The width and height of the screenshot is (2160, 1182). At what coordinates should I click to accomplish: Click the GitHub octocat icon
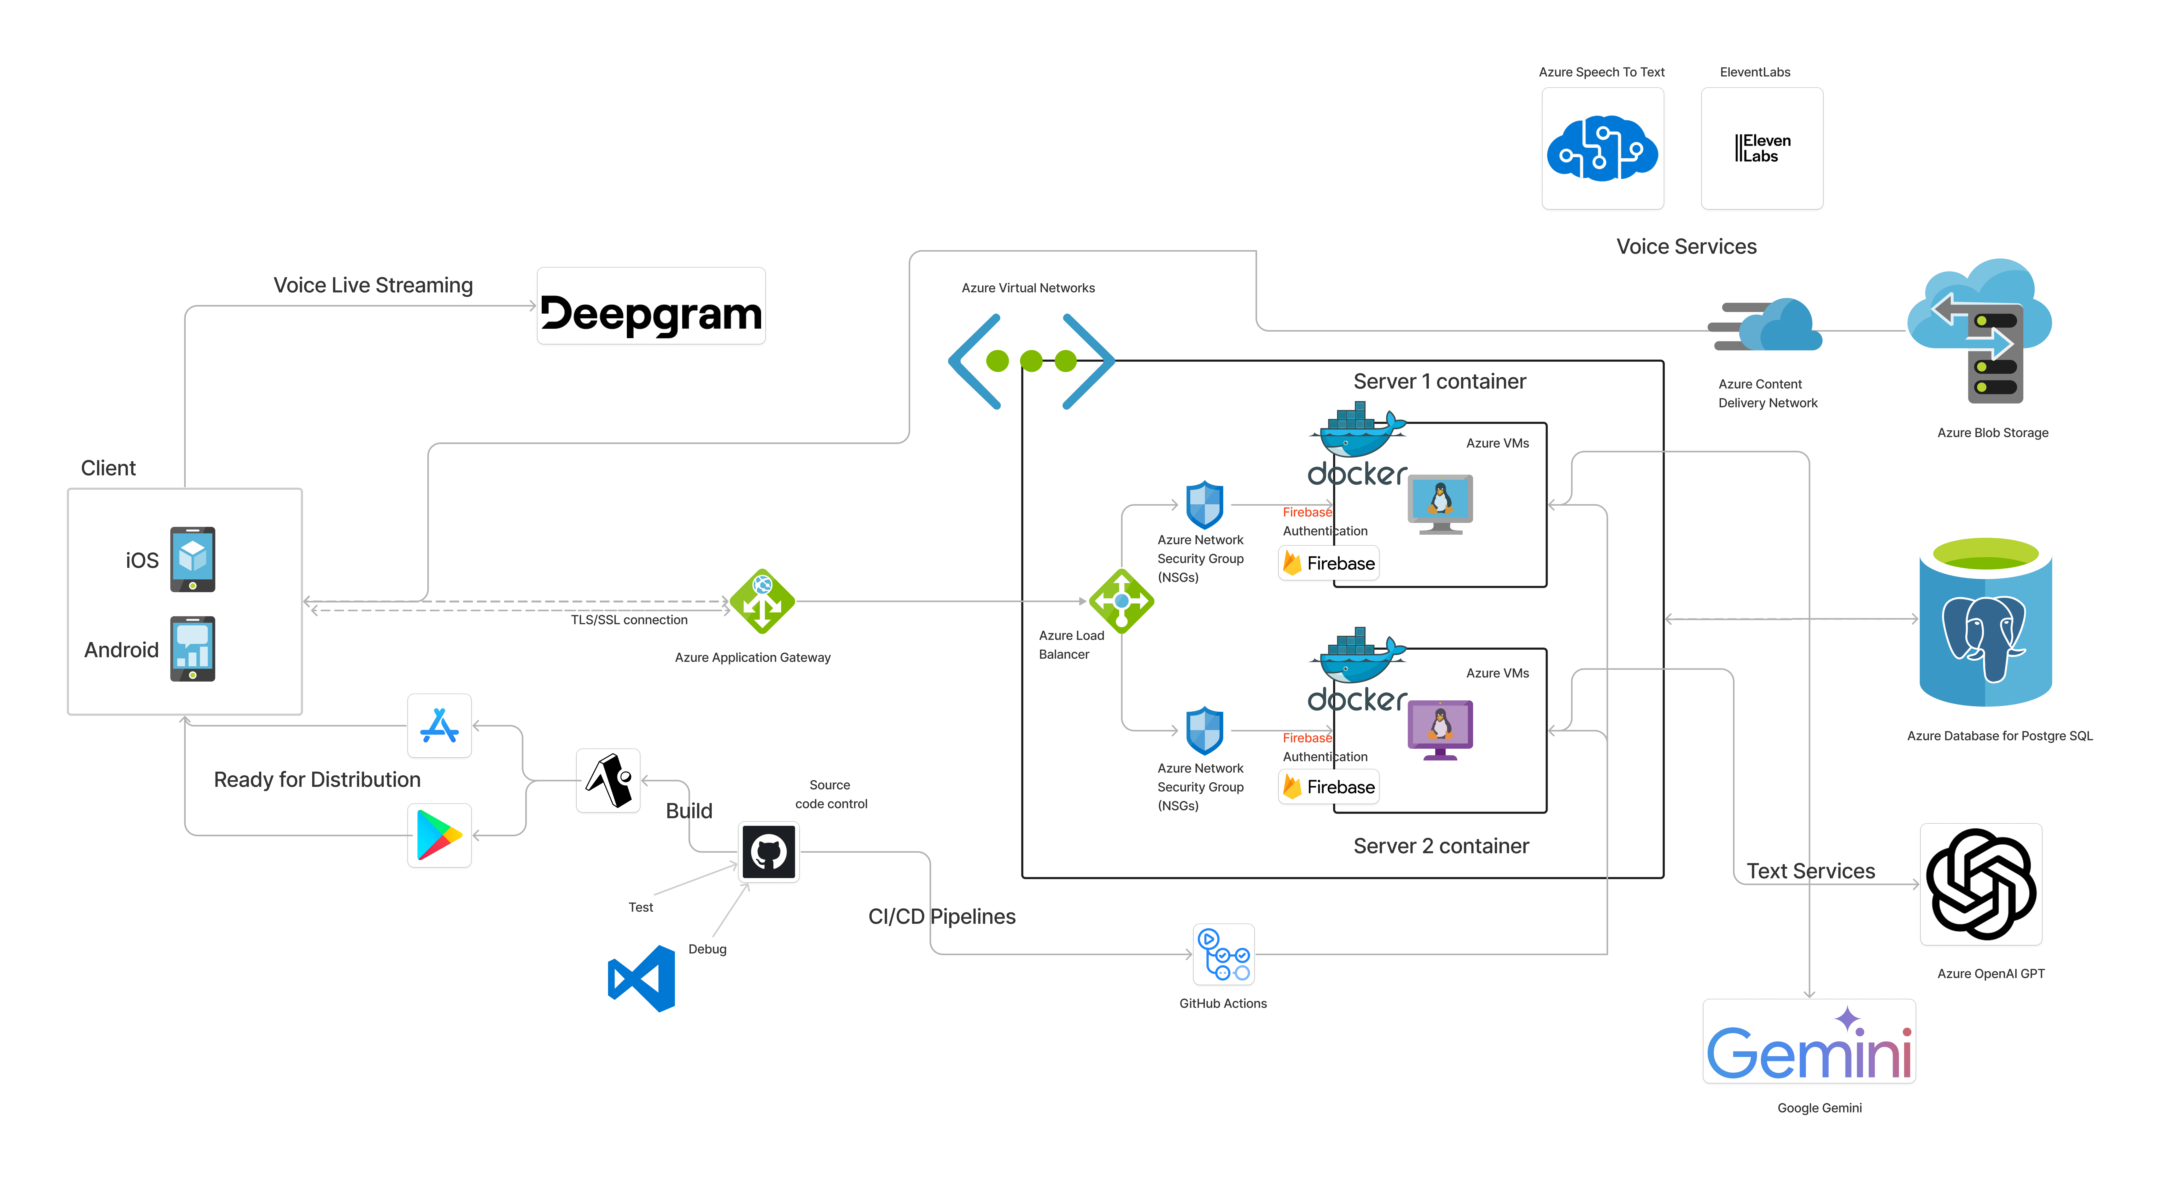click(768, 851)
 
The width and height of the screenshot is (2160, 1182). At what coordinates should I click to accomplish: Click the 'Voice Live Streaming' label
click(373, 285)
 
